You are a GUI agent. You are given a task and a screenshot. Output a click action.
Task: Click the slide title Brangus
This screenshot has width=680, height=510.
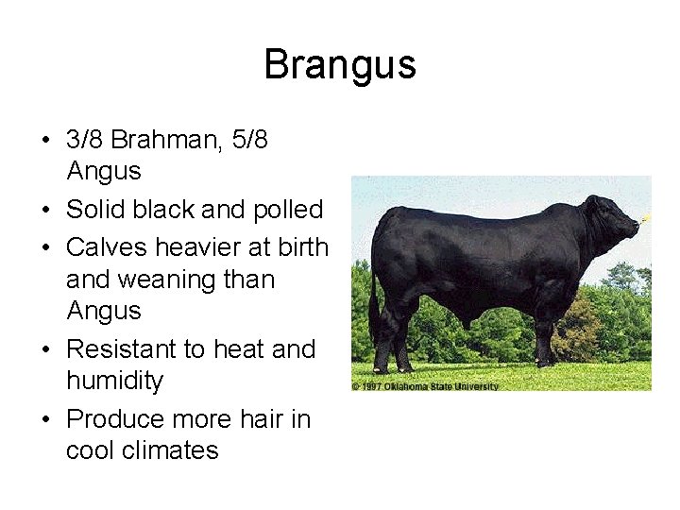(340, 65)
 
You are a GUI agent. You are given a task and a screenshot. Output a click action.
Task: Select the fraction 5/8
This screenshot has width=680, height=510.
(248, 140)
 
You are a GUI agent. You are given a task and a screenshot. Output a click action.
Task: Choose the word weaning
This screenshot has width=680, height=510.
(171, 280)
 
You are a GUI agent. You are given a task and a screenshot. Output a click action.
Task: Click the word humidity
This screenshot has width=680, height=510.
(114, 381)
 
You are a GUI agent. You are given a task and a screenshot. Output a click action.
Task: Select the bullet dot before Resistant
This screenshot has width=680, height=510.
(46, 350)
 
